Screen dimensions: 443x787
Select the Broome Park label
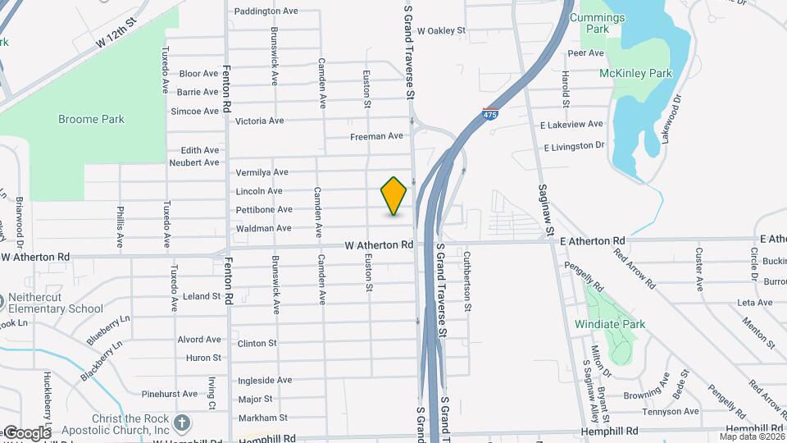click(91, 119)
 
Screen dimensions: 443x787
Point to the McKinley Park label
click(635, 73)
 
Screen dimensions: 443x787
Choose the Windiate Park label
click(610, 324)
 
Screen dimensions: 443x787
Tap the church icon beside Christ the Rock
click(182, 423)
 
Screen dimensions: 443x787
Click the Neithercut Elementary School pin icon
click(3, 300)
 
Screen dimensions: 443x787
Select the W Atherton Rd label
click(379, 245)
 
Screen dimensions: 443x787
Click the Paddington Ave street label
click(266, 11)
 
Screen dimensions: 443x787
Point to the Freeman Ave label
click(376, 136)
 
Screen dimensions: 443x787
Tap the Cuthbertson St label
click(468, 281)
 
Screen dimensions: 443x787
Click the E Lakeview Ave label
click(571, 125)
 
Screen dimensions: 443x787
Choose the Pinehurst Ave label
click(169, 394)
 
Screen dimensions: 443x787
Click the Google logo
click(26, 432)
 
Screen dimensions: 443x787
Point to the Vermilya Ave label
click(262, 172)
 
